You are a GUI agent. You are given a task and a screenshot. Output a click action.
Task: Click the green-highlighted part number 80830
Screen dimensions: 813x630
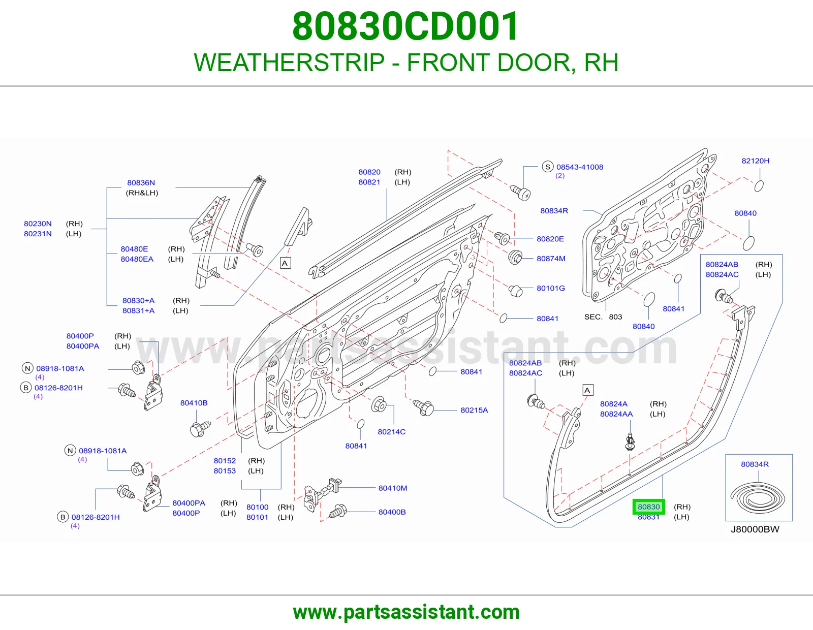tap(648, 507)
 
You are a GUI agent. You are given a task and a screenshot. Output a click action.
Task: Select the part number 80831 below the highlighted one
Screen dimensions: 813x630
tap(648, 517)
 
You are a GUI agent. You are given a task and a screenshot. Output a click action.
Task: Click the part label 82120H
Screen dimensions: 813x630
tap(756, 161)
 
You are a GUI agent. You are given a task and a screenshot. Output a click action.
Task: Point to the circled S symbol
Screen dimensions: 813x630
tap(548, 167)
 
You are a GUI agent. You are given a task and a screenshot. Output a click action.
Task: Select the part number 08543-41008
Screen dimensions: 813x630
tap(580, 167)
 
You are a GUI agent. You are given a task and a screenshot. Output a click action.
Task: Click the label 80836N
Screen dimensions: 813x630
tap(141, 182)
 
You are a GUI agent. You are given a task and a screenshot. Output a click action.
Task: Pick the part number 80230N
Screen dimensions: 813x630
tap(38, 224)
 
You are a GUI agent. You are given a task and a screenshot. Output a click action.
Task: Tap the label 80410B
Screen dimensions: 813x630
tap(194, 403)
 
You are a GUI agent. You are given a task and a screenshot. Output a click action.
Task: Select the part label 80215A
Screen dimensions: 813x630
tap(474, 410)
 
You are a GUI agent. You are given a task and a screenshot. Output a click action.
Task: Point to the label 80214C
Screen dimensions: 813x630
tap(391, 432)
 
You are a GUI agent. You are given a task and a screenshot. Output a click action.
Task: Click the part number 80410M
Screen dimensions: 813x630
tap(392, 488)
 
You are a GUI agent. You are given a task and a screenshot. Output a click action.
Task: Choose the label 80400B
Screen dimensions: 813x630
tap(392, 512)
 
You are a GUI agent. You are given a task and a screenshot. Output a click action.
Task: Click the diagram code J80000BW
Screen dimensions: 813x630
tap(755, 529)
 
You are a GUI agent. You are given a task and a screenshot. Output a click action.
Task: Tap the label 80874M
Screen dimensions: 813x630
tap(551, 259)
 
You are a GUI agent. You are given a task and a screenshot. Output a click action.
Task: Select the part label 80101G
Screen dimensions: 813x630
tap(551, 288)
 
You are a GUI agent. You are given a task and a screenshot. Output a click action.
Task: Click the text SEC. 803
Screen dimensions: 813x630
tap(603, 317)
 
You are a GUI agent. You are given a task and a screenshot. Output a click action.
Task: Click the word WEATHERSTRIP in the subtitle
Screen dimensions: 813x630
tap(289, 62)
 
